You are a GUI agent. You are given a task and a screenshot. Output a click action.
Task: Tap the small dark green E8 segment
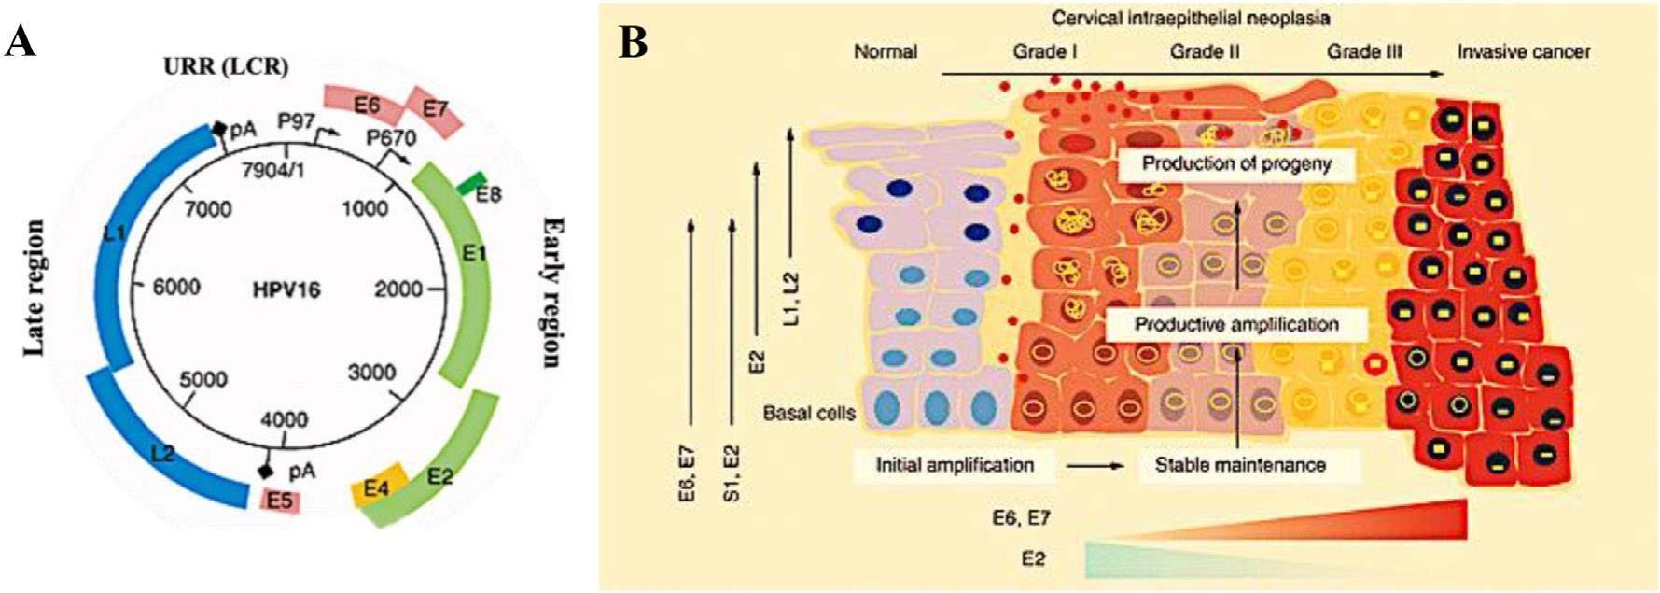pos(475,181)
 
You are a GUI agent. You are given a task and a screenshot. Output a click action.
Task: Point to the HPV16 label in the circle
pos(286,289)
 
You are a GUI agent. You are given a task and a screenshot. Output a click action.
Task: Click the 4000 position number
pos(283,419)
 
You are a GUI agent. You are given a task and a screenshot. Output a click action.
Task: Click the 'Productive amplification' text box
pos(1236,324)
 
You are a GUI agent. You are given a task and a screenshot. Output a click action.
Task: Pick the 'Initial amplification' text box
pos(955,464)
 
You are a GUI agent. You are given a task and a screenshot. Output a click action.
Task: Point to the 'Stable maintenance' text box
pos(1240,464)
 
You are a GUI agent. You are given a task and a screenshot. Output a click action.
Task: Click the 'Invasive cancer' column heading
pos(1524,51)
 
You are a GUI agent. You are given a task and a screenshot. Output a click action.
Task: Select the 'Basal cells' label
pos(809,412)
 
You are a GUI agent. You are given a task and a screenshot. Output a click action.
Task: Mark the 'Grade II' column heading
pos(1205,51)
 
